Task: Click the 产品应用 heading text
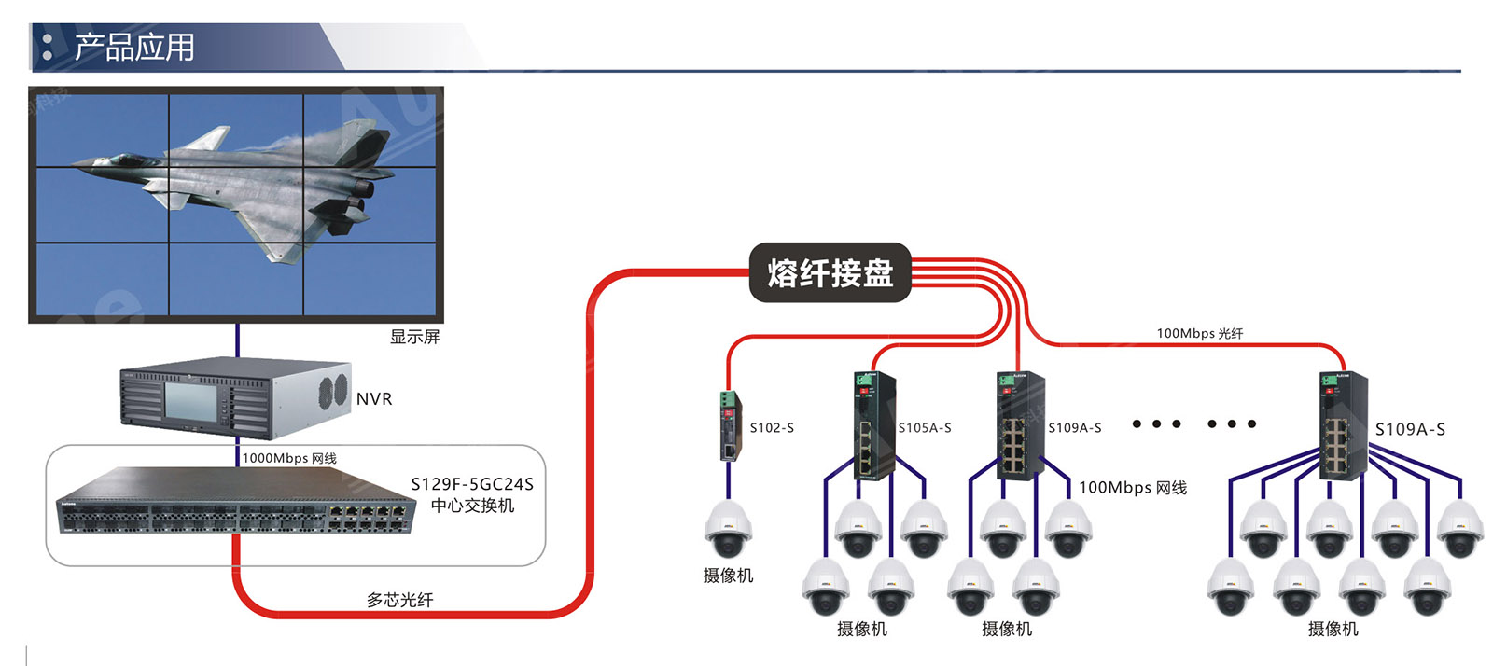tap(134, 48)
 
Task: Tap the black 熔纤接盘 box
tap(830, 272)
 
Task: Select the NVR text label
tap(374, 399)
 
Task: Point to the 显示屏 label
tap(414, 337)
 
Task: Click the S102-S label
tap(772, 428)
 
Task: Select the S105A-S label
tap(925, 428)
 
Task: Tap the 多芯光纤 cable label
tap(399, 600)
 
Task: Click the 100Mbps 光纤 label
tap(1199, 333)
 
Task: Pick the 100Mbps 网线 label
tap(1133, 488)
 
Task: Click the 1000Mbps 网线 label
tap(289, 458)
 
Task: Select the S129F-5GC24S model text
tap(472, 484)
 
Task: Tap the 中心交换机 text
tap(472, 506)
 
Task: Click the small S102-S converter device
tap(729, 427)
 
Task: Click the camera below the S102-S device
tap(727, 529)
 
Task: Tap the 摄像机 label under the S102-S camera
tap(728, 576)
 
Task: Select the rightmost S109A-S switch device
tap(1342, 426)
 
